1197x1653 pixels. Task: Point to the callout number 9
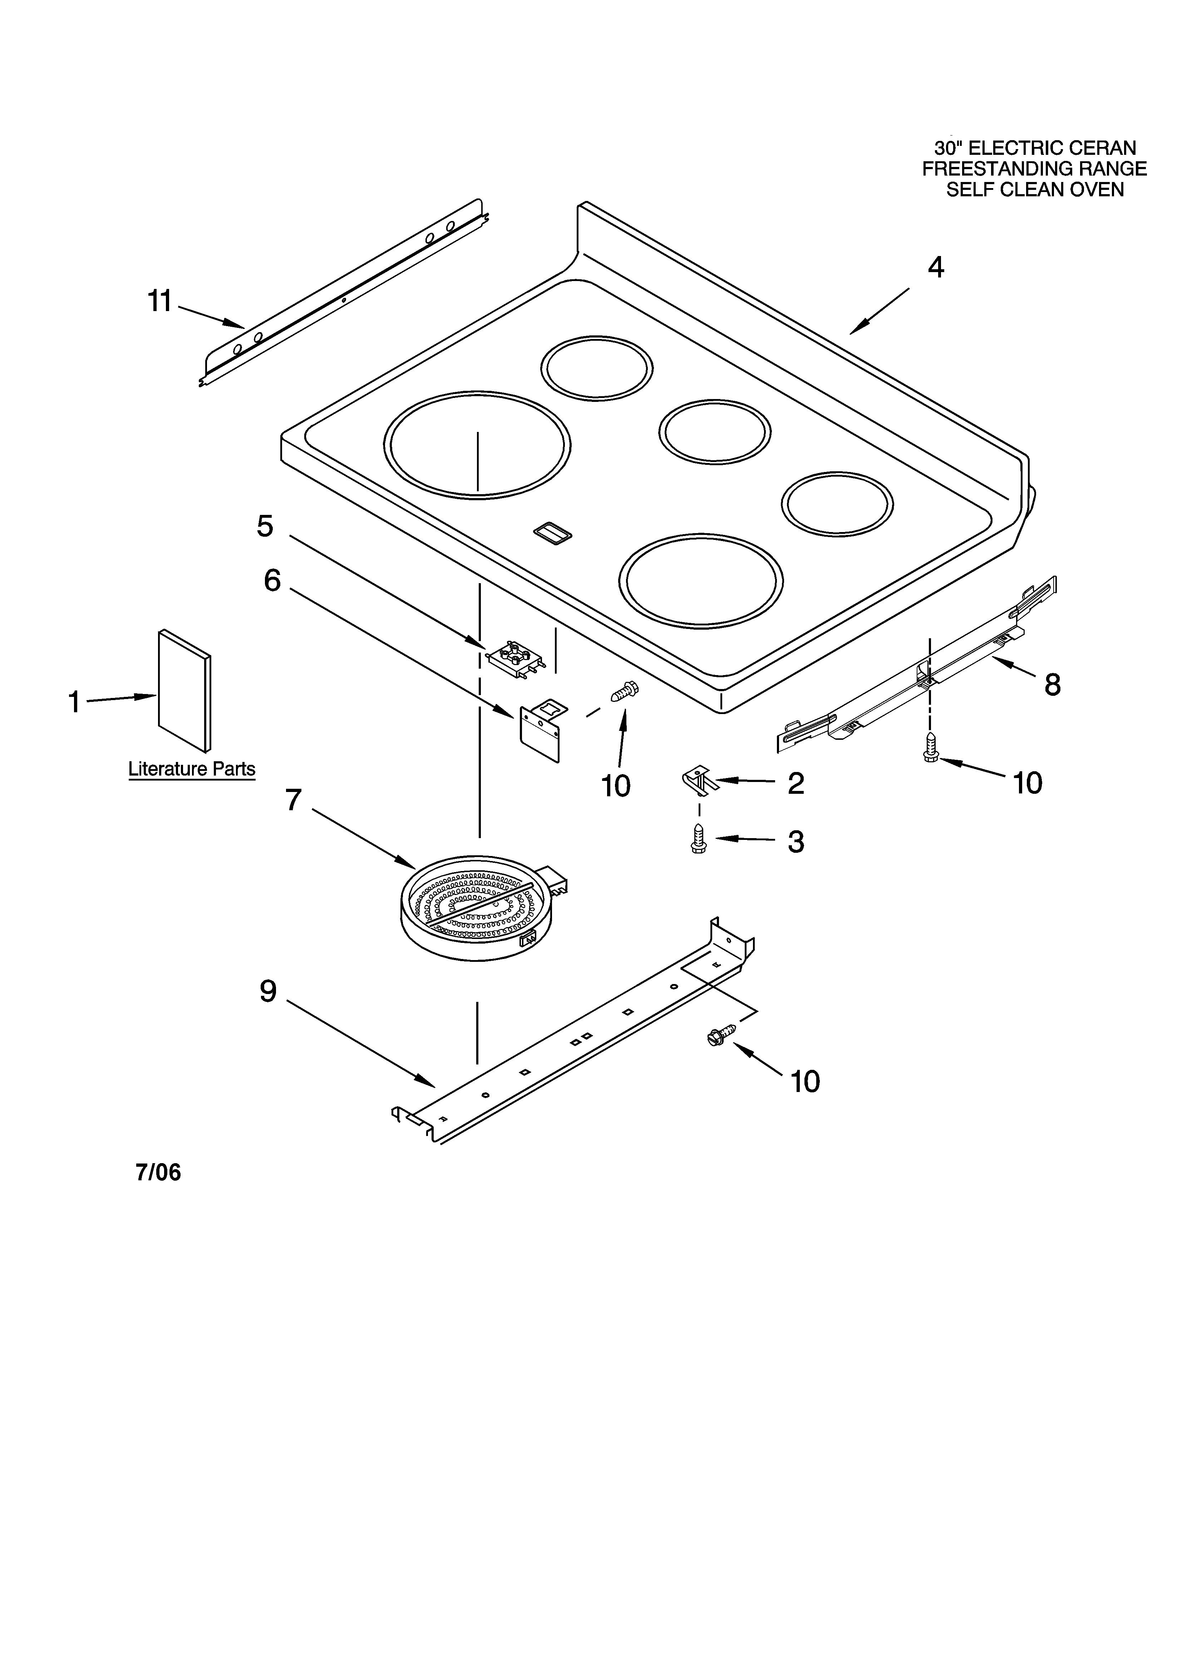268,990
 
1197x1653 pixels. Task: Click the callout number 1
74,702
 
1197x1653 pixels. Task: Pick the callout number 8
1052,684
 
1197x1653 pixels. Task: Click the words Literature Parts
192,769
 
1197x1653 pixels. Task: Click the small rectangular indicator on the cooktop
553,533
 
